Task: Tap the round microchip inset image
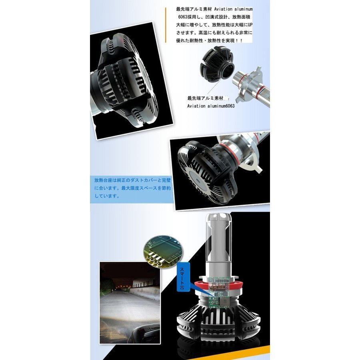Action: (164, 252)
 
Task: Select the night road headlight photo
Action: (130, 303)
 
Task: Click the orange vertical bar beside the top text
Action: (166, 25)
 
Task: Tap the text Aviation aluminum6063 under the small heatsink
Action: (211, 106)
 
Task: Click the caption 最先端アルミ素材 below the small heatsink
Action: (205, 98)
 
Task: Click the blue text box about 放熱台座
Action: (132, 188)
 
